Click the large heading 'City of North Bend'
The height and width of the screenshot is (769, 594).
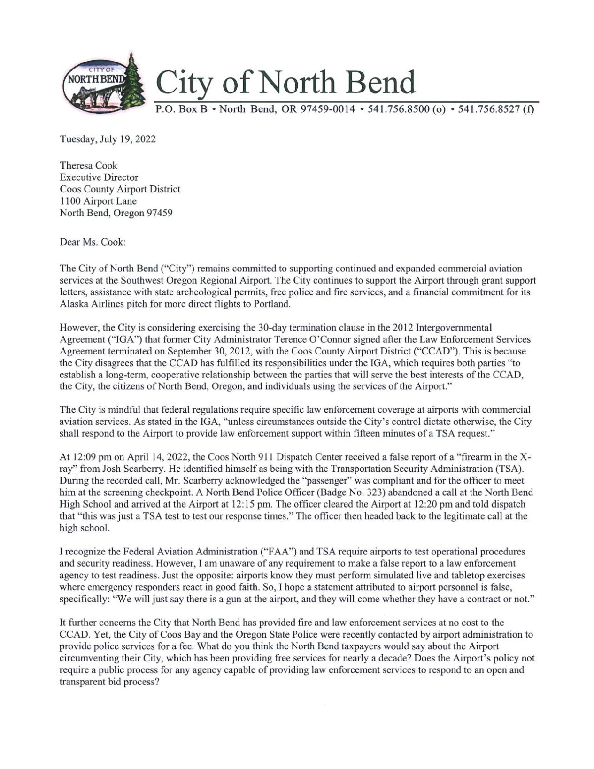tap(286, 82)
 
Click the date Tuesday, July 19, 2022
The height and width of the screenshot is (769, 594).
tap(108, 139)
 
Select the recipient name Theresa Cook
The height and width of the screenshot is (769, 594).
tap(88, 165)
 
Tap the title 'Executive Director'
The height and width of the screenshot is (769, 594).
tap(99, 177)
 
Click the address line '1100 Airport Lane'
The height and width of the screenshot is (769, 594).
tap(98, 201)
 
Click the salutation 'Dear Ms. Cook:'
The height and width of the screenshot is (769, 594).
tap(93, 242)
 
